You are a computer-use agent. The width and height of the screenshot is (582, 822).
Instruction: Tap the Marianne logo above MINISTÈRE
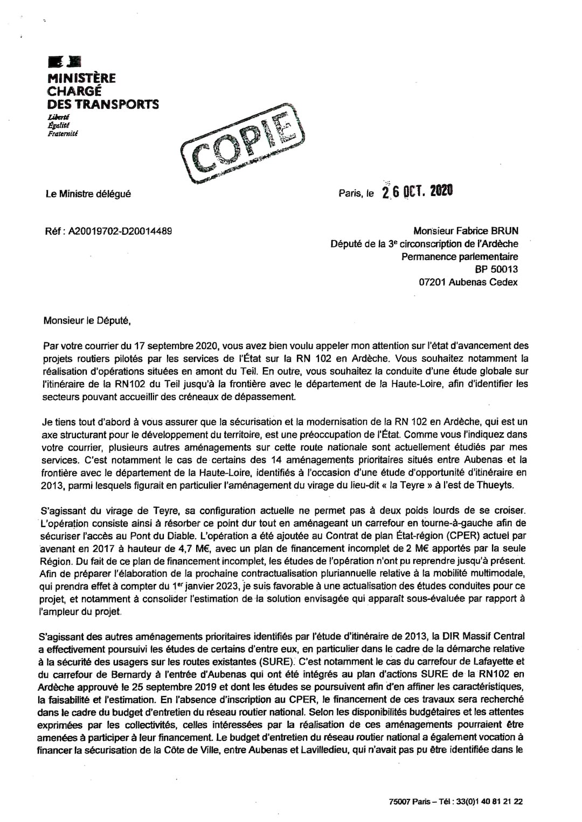tap(65, 62)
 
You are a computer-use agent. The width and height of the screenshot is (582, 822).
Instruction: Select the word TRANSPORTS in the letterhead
tap(116, 104)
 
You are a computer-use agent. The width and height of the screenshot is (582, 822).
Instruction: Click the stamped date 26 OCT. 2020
tap(418, 191)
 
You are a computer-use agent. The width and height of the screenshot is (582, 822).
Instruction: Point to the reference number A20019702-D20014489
tap(120, 231)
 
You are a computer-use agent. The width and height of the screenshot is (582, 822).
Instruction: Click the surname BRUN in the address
tap(504, 231)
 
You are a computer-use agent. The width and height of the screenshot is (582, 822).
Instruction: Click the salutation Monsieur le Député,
tap(87, 321)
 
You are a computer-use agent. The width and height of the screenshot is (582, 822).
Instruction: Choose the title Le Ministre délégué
tap(88, 194)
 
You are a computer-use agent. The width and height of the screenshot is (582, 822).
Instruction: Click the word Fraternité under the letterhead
tap(63, 134)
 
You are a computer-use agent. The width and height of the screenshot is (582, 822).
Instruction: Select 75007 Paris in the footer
tap(410, 802)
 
